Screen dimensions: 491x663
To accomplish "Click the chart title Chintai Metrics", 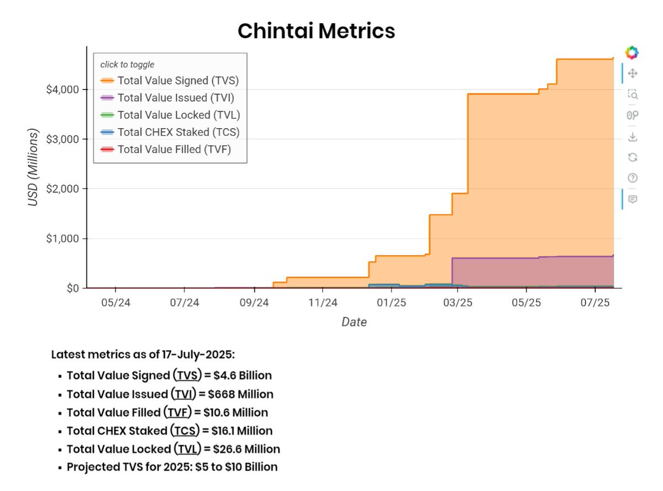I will [x=316, y=31].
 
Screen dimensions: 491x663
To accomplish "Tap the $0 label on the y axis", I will [x=72, y=288].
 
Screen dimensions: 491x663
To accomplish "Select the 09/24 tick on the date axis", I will [x=254, y=303].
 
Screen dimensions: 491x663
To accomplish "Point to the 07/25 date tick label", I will [x=594, y=303].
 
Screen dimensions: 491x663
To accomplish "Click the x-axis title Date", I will [x=354, y=322].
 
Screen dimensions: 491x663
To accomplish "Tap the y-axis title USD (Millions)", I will [x=34, y=168].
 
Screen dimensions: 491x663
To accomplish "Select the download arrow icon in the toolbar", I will [x=633, y=136].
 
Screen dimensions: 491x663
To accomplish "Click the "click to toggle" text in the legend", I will [x=127, y=65].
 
